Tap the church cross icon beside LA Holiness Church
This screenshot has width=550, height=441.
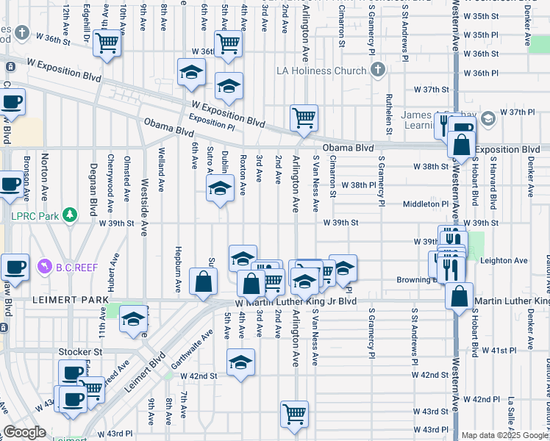pos(377,70)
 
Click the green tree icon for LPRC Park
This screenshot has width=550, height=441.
pos(70,215)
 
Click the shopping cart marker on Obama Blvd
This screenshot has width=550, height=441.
pos(304,118)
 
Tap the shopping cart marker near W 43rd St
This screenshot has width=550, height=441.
pos(294,414)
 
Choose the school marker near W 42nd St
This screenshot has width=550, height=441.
pos(240,362)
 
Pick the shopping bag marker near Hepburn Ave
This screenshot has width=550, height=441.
pos(203,282)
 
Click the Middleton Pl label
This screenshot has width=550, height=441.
pos(426,204)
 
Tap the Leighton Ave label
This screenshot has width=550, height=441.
pos(504,260)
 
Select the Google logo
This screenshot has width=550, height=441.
pos(25,433)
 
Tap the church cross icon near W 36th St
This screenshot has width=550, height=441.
pos(22,32)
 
